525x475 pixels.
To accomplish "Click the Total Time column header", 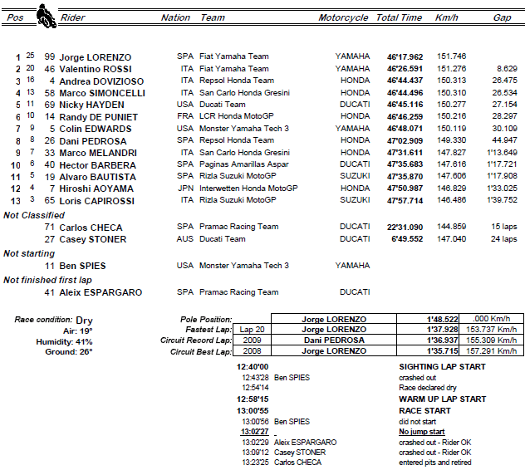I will [399, 17].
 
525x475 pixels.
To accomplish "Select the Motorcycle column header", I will [343, 17].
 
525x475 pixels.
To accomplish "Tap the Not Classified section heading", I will [35, 215].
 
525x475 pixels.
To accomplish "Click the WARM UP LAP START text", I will [442, 399].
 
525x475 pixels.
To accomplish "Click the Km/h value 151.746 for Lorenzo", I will [450, 57].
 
